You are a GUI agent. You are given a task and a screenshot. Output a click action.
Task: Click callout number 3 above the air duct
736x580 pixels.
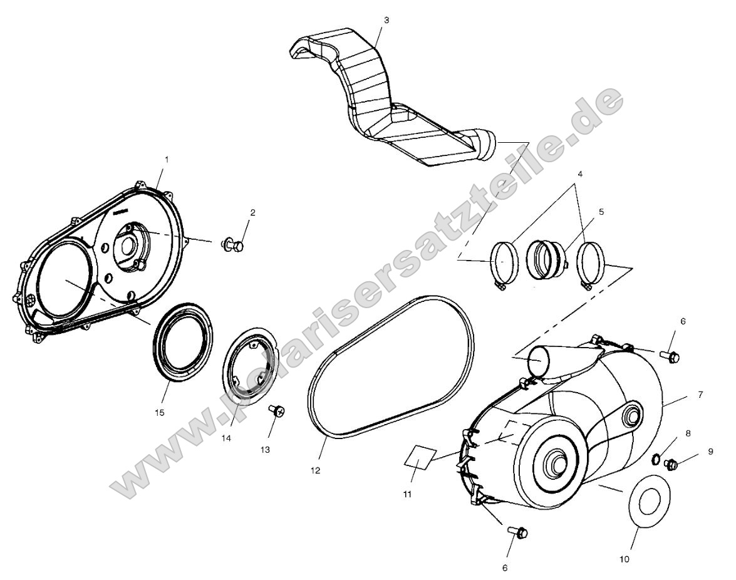[386, 20]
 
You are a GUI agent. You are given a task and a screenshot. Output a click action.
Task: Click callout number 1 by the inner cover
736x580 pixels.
[167, 160]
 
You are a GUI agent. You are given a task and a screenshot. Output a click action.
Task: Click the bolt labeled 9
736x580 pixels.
[671, 464]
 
